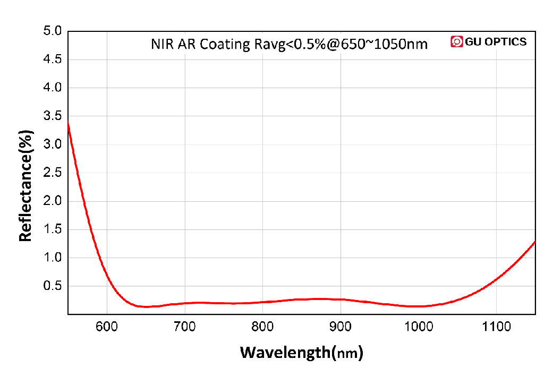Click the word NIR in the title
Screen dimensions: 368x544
[x=162, y=44]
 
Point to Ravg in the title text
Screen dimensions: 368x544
[x=266, y=44]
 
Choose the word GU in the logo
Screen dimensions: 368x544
[x=472, y=41]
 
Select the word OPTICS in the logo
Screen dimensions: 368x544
[x=504, y=41]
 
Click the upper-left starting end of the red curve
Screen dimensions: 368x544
[x=69, y=122]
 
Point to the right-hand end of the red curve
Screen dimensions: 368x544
[x=534, y=242]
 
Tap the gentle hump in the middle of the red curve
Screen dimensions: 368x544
[x=319, y=299]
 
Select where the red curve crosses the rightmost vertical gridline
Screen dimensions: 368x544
[x=496, y=279]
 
